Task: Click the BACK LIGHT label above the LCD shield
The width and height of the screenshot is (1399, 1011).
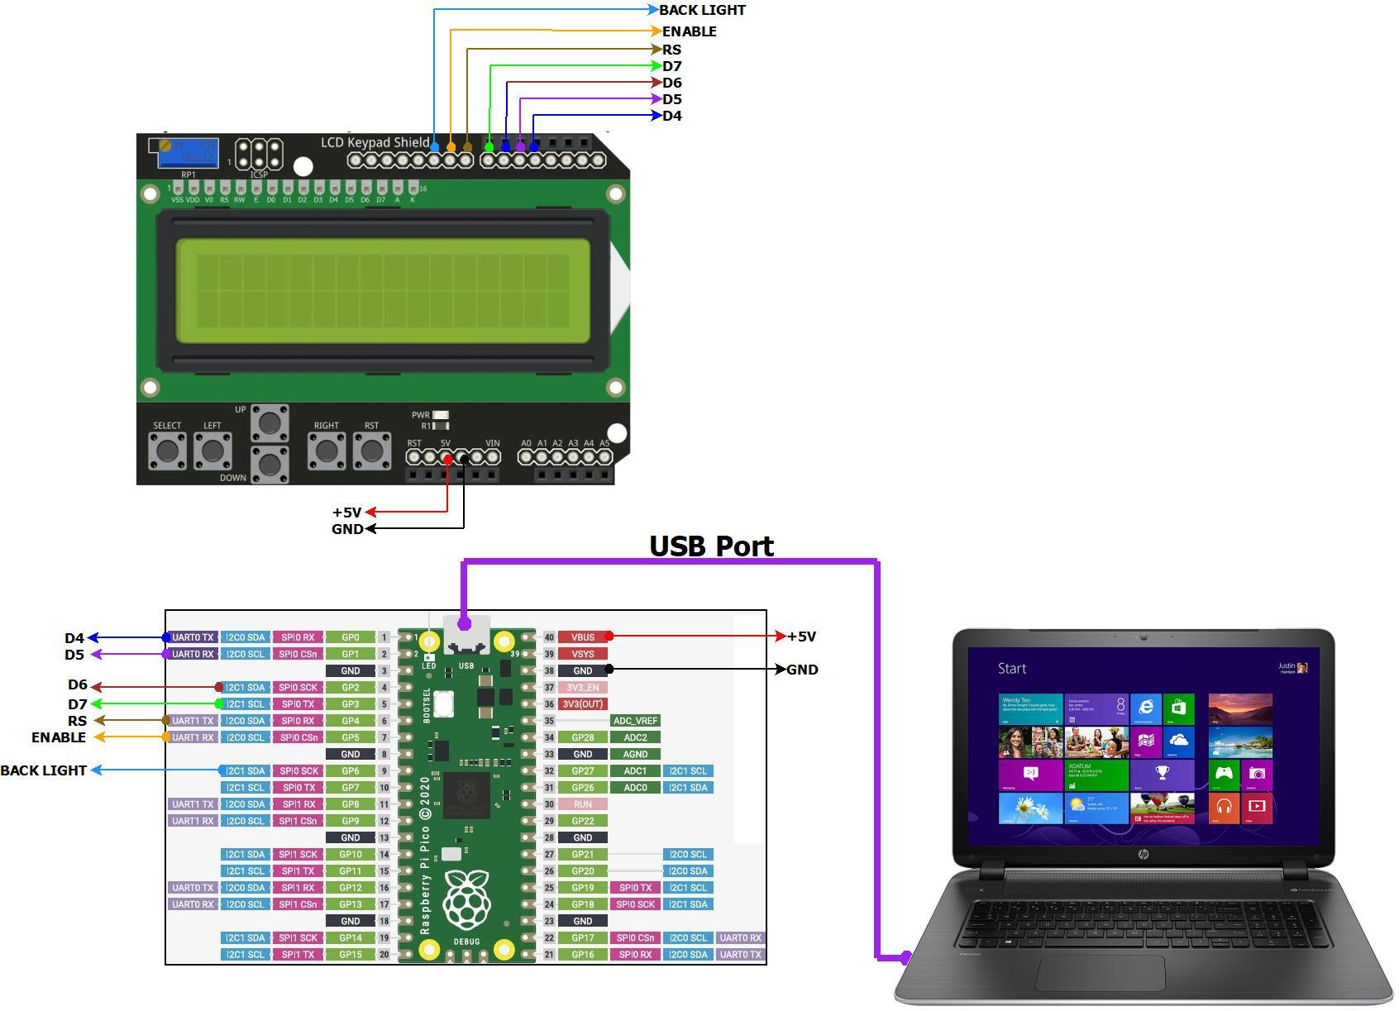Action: (x=702, y=10)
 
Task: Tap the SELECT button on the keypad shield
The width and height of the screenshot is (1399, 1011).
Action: (x=167, y=451)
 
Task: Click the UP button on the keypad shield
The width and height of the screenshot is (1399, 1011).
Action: (x=270, y=422)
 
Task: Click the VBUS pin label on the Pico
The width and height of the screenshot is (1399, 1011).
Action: (x=582, y=637)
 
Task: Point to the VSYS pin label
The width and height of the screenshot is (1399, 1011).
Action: (x=582, y=654)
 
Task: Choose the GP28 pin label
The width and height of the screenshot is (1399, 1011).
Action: (x=582, y=737)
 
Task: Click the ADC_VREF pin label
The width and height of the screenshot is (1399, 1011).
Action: (x=635, y=721)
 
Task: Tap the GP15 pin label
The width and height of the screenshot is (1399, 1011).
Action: (x=351, y=955)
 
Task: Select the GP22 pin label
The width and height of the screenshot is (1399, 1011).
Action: (x=582, y=821)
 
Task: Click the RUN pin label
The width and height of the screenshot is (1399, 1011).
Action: (x=582, y=804)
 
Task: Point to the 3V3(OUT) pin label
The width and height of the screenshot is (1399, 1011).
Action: (x=582, y=704)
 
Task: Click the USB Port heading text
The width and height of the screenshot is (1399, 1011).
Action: (x=711, y=546)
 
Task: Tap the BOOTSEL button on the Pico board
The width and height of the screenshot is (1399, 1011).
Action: (x=444, y=704)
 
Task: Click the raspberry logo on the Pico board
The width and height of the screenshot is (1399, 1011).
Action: (x=466, y=899)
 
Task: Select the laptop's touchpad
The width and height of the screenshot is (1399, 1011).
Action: (x=1100, y=973)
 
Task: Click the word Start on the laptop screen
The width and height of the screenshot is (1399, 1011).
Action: (x=1012, y=669)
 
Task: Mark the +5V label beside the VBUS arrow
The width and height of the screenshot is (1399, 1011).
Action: (x=801, y=637)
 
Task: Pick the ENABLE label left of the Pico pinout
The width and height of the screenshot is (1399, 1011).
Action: (x=59, y=737)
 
